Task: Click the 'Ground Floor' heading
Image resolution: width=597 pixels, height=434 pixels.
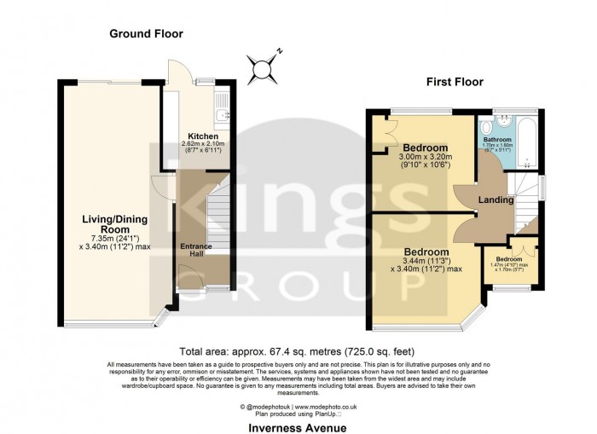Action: (x=146, y=34)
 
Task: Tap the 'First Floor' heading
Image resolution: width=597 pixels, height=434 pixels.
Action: (x=455, y=83)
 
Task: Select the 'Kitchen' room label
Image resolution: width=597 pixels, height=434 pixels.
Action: (x=203, y=136)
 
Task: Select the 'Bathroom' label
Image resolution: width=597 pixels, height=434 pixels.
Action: (x=497, y=139)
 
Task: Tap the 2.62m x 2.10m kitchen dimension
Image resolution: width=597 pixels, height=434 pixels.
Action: (x=203, y=145)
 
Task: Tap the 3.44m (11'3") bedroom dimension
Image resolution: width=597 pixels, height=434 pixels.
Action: (x=426, y=263)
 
